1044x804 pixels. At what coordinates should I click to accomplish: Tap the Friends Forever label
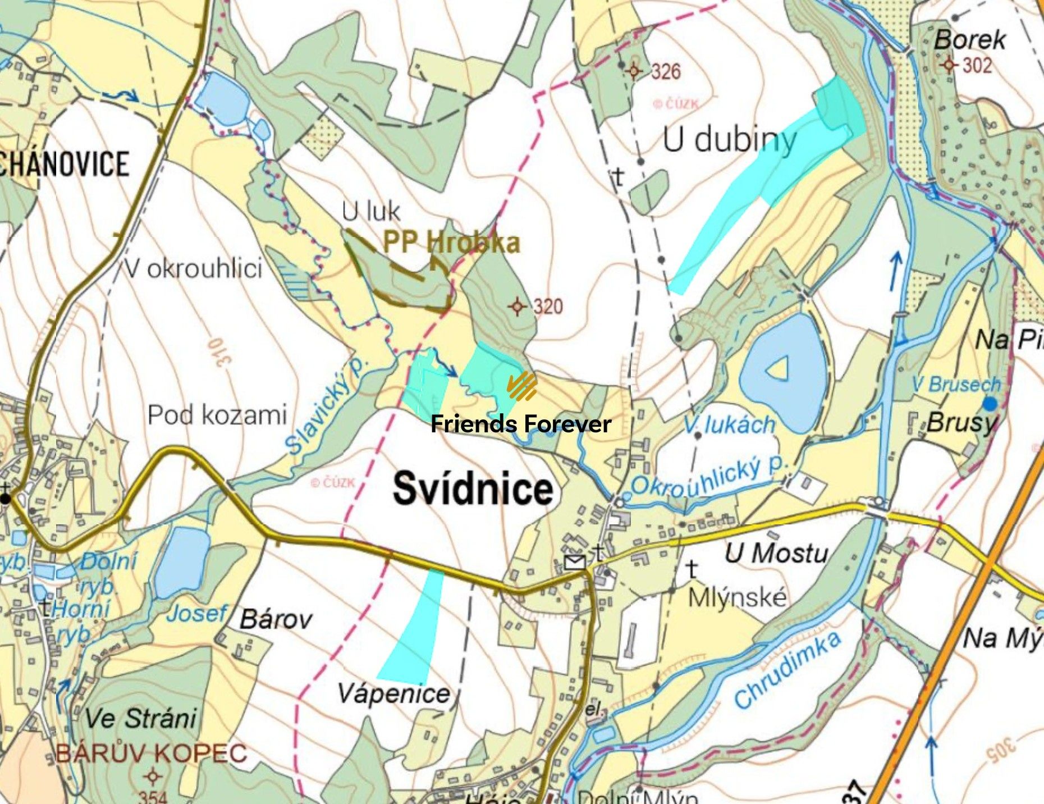pos(520,424)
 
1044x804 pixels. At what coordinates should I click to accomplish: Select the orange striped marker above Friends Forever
pos(522,386)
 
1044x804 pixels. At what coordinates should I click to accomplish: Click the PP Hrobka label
pos(452,243)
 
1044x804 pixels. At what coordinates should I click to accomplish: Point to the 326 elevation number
pos(666,72)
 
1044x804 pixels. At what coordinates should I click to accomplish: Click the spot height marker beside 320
pos(517,307)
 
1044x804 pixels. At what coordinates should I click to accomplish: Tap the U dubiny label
pos(729,139)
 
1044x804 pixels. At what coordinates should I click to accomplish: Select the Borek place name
pos(969,40)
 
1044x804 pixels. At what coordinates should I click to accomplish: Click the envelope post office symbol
pos(575,562)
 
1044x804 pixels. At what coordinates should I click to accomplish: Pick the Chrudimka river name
pos(787,669)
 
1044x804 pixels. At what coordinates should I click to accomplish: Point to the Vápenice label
pos(393,694)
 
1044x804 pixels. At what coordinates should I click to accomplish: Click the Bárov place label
pos(276,620)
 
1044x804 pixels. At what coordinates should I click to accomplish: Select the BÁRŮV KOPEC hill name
pos(152,753)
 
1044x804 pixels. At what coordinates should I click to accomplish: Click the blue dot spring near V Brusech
pos(990,403)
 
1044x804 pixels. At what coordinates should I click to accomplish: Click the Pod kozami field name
pos(217,415)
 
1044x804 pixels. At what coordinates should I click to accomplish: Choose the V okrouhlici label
pos(193,269)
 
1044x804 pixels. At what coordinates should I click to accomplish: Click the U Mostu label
pos(776,554)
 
